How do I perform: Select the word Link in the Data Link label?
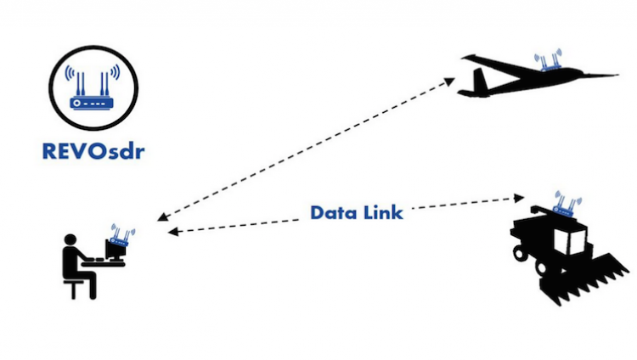(381, 211)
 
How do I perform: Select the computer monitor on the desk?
(114, 250)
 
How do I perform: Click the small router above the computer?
(122, 237)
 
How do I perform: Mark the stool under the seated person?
(80, 287)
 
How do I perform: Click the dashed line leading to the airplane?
(306, 149)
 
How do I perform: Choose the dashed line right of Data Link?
(463, 203)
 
